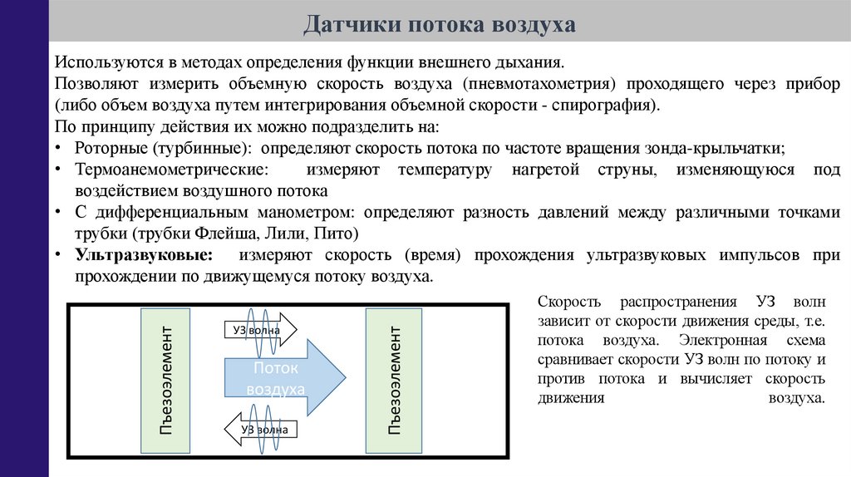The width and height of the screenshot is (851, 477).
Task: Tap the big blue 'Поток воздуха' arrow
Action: tap(283, 378)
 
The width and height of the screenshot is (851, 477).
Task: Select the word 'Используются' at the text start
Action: tap(103, 62)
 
